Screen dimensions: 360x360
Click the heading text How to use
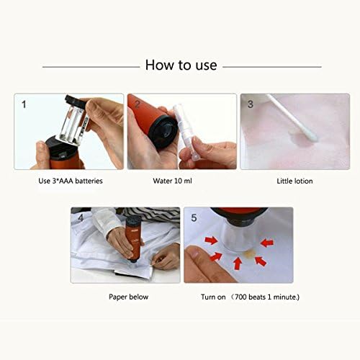tap(181, 65)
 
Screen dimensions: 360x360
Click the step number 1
tap(24, 104)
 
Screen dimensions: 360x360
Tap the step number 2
tap(138, 104)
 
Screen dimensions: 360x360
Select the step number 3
tap(251, 104)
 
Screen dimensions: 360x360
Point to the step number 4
tap(81, 217)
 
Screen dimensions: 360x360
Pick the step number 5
tap(194, 218)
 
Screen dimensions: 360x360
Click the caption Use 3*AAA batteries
tap(71, 181)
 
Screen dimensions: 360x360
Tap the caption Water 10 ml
tap(172, 181)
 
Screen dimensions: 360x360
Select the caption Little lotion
tap(294, 181)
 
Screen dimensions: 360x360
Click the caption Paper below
tap(128, 297)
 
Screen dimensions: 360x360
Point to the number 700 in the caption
tap(240, 297)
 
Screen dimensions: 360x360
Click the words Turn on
tap(213, 297)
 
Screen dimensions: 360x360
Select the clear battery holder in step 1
tap(73, 122)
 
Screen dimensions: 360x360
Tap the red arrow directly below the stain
tap(238, 264)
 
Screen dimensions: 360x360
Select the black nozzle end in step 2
tap(163, 131)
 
